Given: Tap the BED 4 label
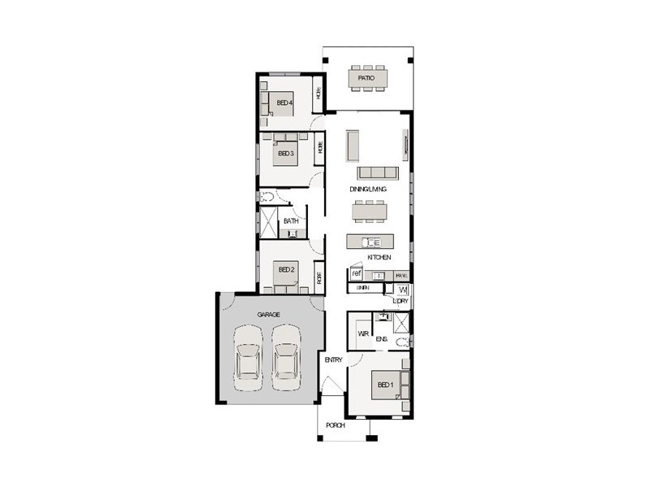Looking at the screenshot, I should [284, 102].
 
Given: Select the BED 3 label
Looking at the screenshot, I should [284, 153].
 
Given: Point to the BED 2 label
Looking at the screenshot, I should [285, 269].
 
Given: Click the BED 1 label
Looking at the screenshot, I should [383, 385].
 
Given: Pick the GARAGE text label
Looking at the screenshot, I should [269, 313].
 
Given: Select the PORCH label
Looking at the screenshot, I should [335, 425].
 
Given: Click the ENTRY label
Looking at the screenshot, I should [333, 359].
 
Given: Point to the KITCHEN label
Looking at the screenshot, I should [379, 257].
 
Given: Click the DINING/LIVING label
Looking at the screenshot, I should [367, 189].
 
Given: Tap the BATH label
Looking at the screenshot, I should [290, 220].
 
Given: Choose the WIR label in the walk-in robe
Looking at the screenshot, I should [363, 333].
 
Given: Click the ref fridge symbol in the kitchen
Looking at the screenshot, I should [356, 274].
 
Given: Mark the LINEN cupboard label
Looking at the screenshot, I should [363, 288].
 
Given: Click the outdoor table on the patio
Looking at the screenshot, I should [367, 79].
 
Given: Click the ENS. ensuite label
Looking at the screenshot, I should [381, 338].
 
